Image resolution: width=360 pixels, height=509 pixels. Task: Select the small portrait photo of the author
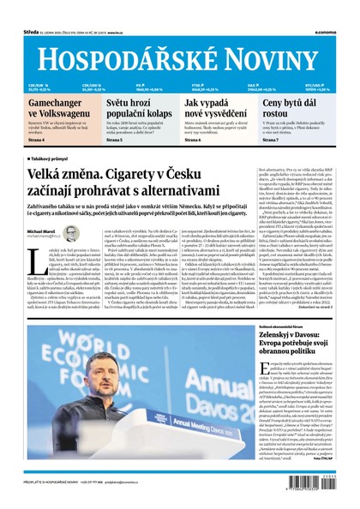[x=72, y=233]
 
